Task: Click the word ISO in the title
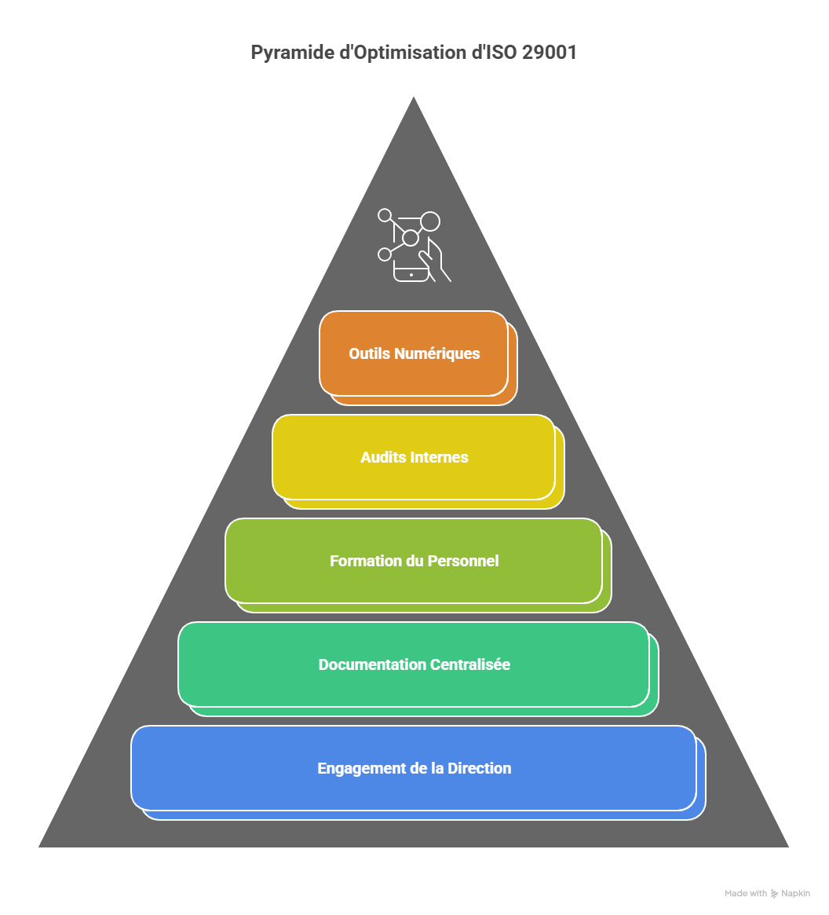[499, 53]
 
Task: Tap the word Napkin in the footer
[795, 894]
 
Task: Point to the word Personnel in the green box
[463, 561]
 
